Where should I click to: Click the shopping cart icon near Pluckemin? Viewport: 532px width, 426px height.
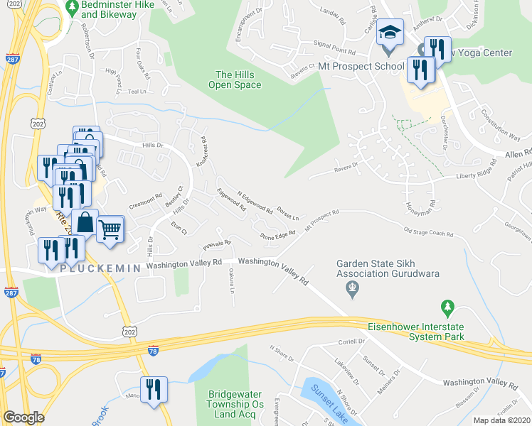110,229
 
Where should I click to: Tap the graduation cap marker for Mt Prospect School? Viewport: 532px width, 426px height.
389,33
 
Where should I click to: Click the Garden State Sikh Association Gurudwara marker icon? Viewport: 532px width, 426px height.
350,288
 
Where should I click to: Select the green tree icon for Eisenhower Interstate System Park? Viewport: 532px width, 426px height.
447,307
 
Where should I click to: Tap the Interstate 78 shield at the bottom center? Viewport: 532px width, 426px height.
153,350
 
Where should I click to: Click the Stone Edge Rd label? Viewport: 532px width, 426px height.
277,235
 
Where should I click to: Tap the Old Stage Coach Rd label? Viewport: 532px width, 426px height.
428,231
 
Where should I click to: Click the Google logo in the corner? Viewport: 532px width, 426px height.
23,417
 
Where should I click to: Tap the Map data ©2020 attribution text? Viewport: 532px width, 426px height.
501,420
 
